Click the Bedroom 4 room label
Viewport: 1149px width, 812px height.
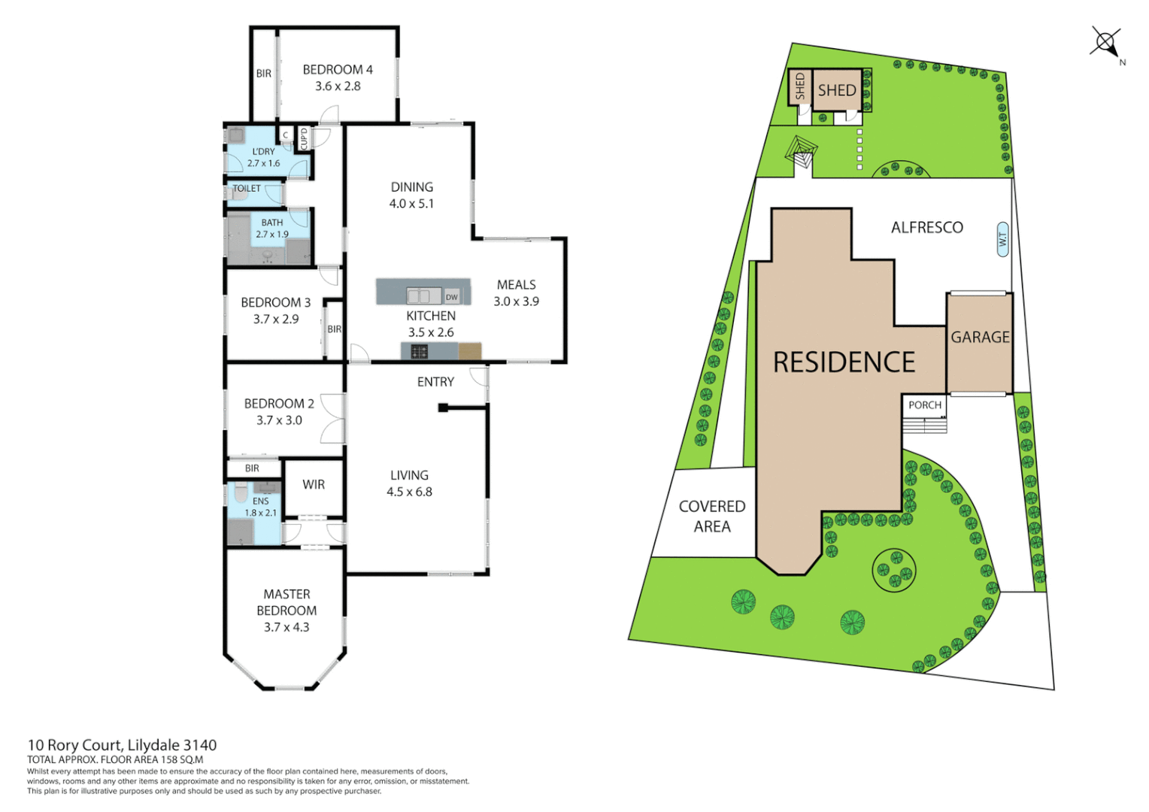[338, 70]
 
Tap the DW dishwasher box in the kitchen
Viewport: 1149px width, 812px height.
[451, 297]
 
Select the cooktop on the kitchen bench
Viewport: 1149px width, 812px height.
[419, 351]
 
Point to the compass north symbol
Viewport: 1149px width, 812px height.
[1105, 42]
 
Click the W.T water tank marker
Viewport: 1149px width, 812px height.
[1002, 240]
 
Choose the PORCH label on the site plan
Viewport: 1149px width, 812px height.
[924, 405]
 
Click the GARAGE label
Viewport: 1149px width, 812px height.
[980, 338]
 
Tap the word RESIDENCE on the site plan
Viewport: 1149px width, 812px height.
[844, 362]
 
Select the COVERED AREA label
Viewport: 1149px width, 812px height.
[711, 517]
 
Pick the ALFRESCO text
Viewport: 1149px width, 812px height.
[926, 228]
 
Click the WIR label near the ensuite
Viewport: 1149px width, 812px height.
[314, 485]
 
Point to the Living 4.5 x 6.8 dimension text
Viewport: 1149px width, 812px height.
[409, 492]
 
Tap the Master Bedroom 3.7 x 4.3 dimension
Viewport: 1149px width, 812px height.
[286, 627]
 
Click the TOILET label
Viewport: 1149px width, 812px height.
[247, 189]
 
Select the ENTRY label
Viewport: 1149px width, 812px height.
[435, 382]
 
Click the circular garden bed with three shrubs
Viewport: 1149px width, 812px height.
[894, 569]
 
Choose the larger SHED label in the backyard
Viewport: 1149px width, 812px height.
[837, 91]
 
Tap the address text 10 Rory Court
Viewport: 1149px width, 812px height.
[74, 745]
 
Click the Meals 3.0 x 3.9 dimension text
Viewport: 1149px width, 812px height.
[516, 301]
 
